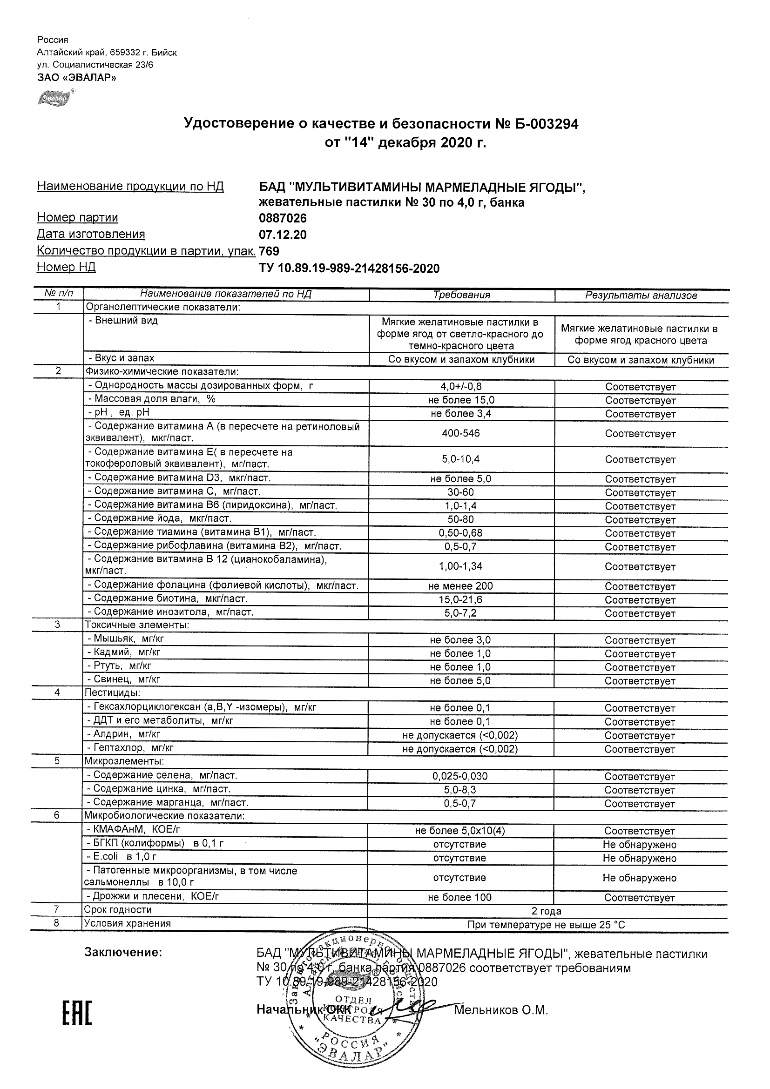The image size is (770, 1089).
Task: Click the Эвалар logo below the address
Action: (x=53, y=98)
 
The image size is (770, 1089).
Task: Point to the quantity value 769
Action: (x=269, y=251)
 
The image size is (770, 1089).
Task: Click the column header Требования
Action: (x=461, y=295)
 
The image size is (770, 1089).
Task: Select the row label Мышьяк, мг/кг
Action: (x=126, y=639)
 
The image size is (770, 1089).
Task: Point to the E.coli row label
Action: (x=122, y=856)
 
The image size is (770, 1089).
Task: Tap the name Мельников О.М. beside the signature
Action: (x=501, y=1010)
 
